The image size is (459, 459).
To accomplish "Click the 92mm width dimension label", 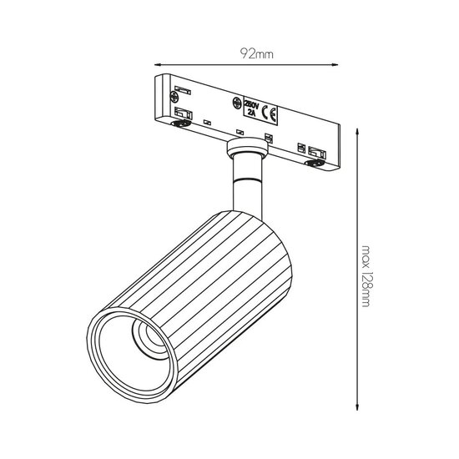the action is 256,54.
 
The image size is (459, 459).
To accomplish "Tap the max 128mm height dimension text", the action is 366,276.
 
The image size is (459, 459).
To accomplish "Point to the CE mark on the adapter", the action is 269,113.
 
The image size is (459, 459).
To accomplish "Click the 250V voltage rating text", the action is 251,104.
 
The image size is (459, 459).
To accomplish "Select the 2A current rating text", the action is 251,113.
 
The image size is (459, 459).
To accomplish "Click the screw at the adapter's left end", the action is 174,97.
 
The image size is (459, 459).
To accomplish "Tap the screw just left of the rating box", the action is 237,103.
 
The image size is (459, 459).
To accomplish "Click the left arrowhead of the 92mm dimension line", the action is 158,64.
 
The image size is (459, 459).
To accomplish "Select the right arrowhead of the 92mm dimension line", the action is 335,65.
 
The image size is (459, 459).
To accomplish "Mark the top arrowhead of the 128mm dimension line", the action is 357,131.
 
